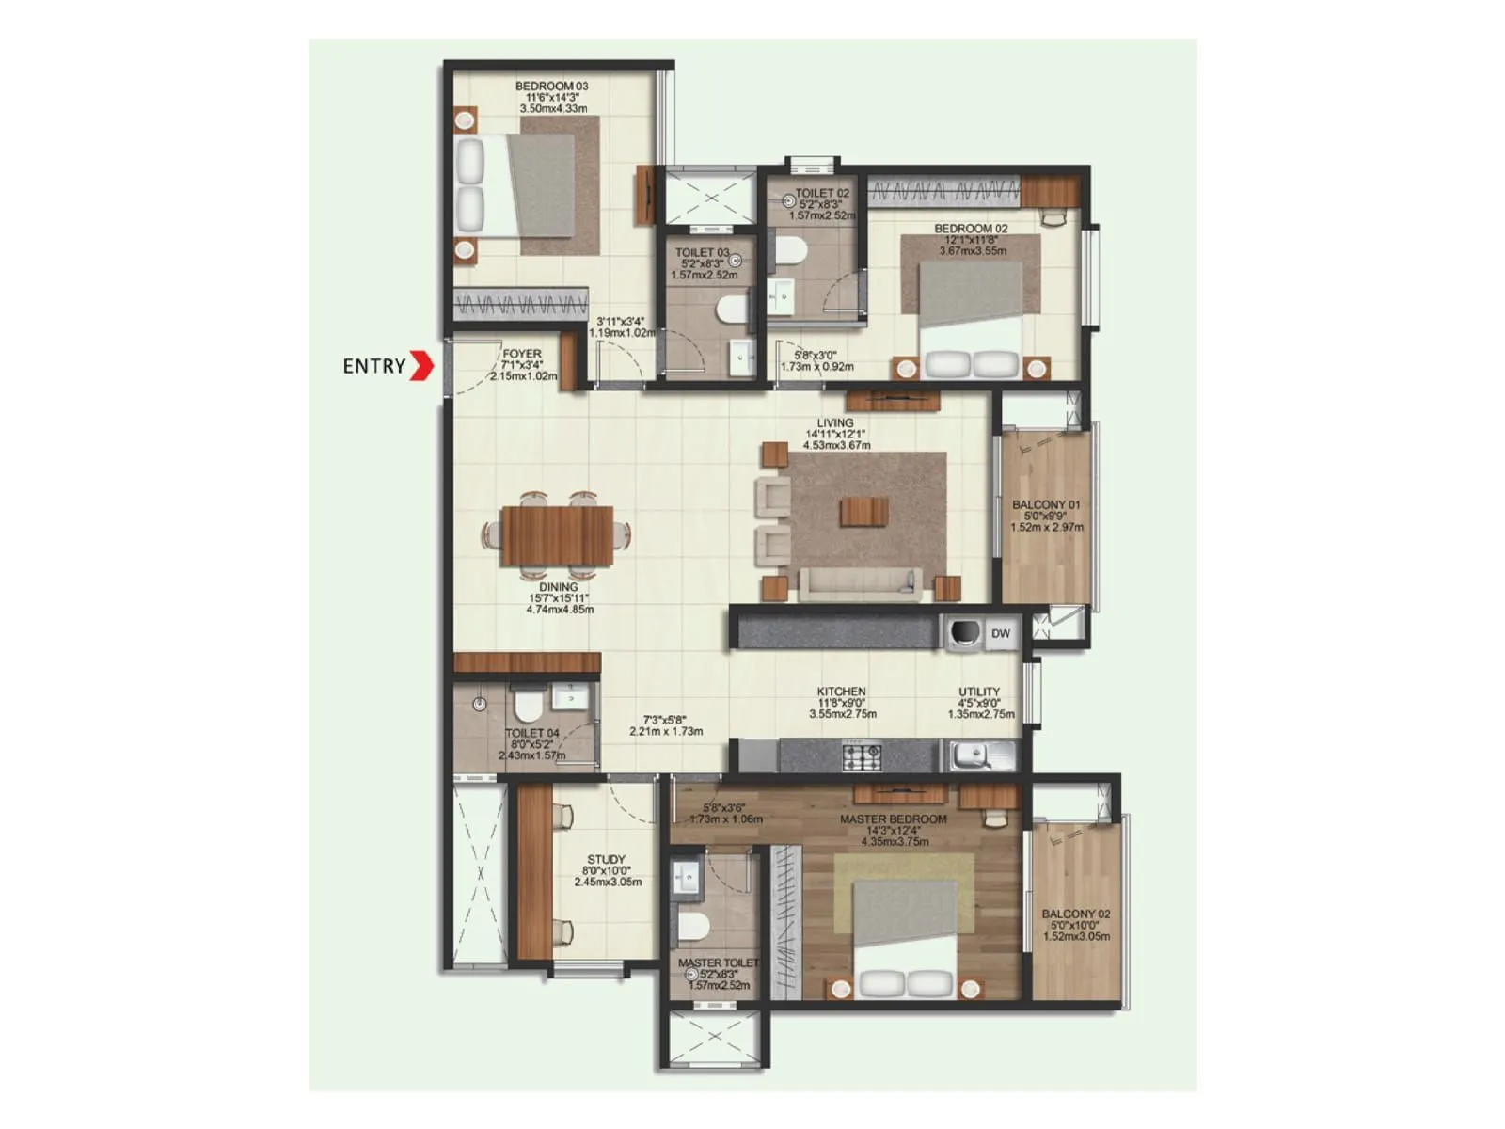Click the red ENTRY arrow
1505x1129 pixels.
(422, 366)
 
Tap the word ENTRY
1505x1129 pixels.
(373, 366)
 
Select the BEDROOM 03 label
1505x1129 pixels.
(551, 87)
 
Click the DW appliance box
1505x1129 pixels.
(1001, 634)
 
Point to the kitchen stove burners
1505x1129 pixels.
(861, 754)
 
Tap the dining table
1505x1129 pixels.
(557, 535)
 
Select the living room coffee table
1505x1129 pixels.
(864, 512)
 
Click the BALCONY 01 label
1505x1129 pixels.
(1046, 505)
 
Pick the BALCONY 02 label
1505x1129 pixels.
(1075, 914)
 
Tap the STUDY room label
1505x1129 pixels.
(606, 859)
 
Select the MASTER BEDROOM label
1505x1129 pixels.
(893, 819)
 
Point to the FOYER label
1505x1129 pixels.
(522, 355)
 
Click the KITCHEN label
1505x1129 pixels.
(841, 692)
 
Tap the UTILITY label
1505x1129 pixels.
(979, 692)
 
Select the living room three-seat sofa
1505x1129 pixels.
(857, 583)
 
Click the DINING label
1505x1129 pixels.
(559, 587)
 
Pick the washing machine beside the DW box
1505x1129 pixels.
(963, 634)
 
